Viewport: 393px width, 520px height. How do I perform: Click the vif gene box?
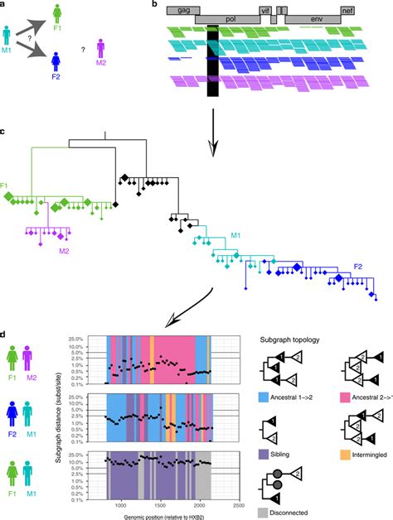point(264,8)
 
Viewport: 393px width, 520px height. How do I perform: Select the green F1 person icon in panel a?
point(56,13)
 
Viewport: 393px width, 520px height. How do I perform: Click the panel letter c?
point(5,132)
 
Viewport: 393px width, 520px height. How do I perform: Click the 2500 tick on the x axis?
point(238,503)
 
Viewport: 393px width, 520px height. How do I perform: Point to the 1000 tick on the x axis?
point(121,503)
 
